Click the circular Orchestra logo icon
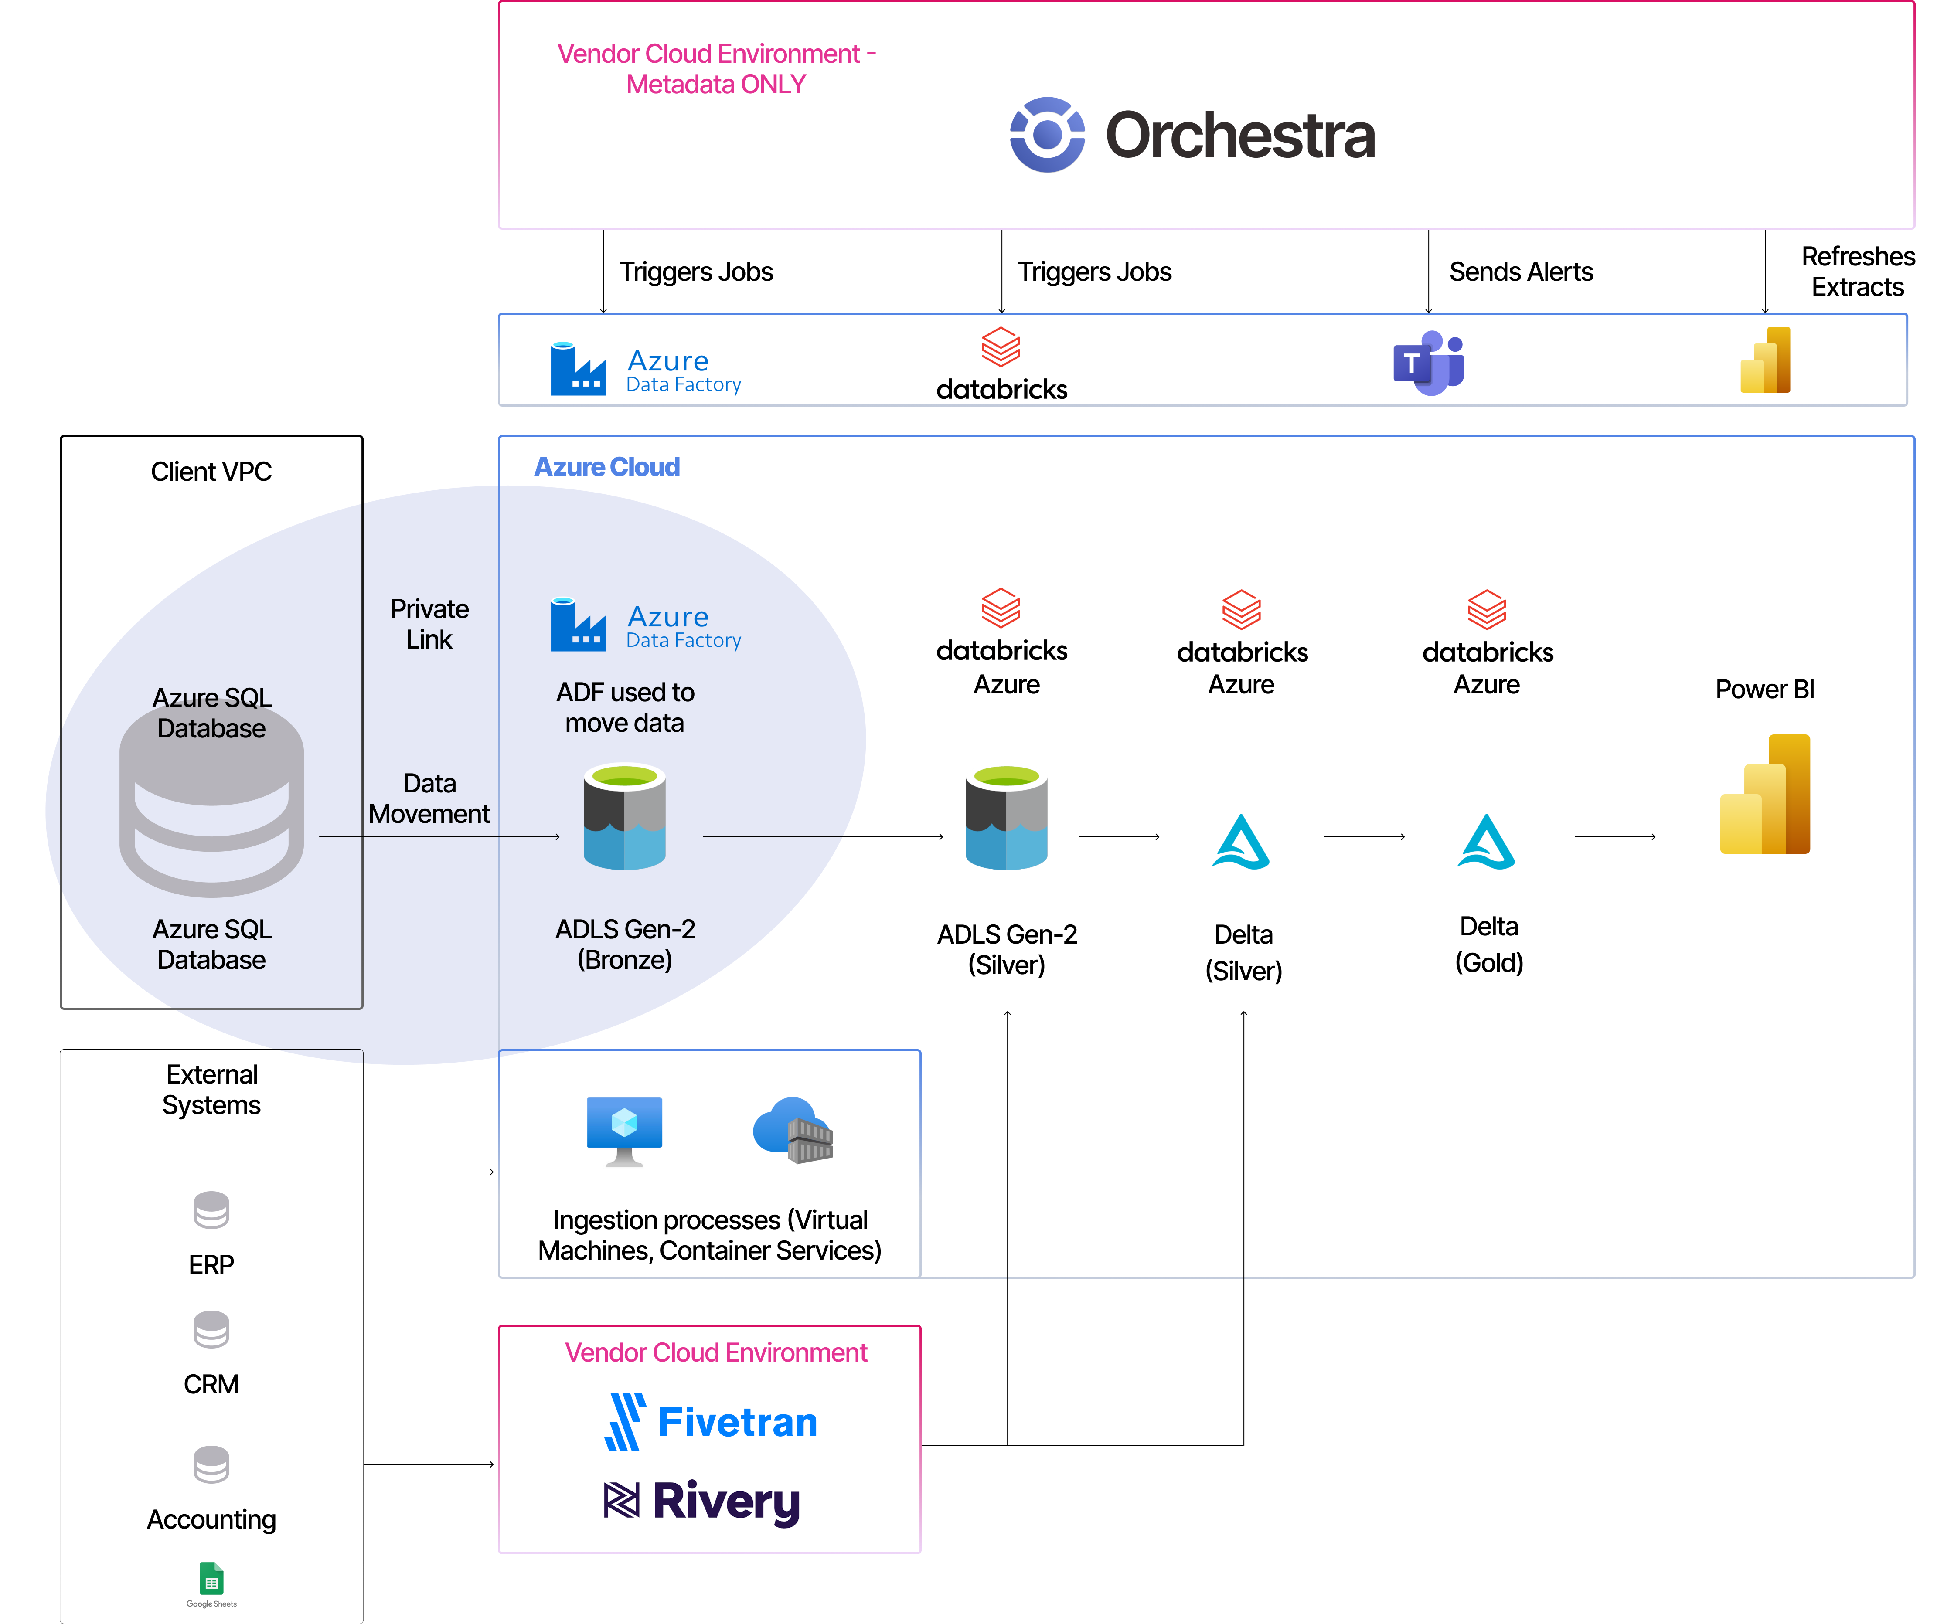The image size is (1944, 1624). click(x=1047, y=135)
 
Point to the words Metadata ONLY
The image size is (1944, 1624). click(x=715, y=84)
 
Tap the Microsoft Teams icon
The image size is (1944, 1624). click(x=1428, y=362)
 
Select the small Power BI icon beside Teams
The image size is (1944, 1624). click(x=1765, y=360)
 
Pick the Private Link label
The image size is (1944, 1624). click(x=429, y=624)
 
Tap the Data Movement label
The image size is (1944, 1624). click(x=429, y=798)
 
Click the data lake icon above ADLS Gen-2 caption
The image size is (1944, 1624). click(x=625, y=816)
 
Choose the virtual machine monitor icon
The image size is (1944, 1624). click(x=625, y=1134)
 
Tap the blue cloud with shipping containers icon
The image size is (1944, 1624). click(x=793, y=1130)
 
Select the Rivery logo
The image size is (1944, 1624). click(x=701, y=1502)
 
